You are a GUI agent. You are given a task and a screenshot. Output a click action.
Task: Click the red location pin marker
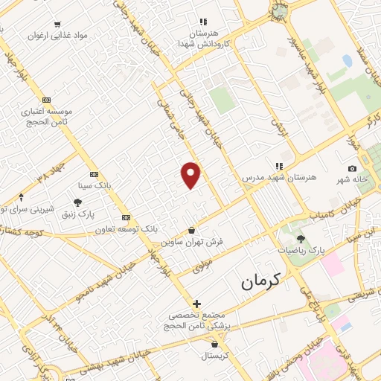click(191, 174)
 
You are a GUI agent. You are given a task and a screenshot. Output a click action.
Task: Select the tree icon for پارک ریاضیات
click(301, 239)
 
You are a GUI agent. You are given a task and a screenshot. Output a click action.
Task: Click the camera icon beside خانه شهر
click(352, 170)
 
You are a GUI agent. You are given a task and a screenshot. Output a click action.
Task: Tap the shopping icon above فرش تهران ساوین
click(193, 230)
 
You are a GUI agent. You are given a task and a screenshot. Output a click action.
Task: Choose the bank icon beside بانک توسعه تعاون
click(126, 217)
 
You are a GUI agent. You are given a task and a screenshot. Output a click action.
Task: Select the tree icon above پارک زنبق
click(77, 202)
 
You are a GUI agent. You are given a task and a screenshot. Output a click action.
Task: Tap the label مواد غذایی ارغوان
click(48, 35)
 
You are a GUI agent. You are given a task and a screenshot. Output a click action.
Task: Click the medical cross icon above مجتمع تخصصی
click(196, 304)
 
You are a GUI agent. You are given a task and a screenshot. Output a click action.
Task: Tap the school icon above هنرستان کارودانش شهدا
click(202, 22)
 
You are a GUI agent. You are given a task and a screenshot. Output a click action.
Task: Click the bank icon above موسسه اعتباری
click(47, 100)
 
